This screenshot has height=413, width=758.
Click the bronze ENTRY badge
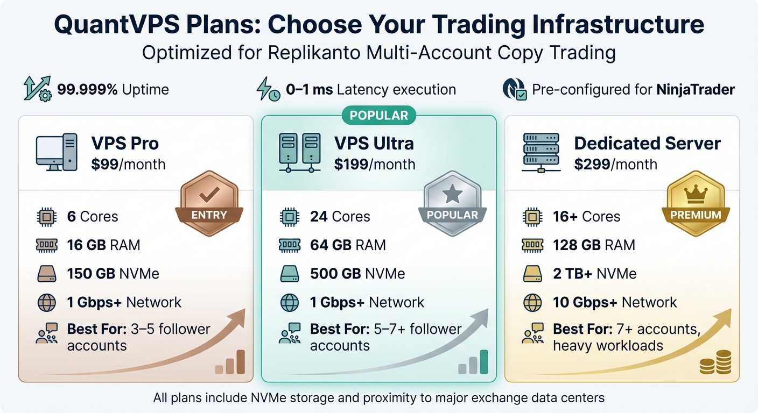pos(209,205)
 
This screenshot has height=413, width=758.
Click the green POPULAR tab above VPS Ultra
pos(378,116)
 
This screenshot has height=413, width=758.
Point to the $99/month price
pos(128,165)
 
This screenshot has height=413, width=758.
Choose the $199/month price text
pos(375,165)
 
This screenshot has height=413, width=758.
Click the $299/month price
pos(615,165)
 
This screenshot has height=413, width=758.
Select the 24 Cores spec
pos(340,217)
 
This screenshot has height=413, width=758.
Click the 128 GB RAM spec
pos(594,245)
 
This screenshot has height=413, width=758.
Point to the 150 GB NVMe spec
pos(113,274)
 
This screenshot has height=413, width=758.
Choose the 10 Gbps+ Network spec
pos(615,302)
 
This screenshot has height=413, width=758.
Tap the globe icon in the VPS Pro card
pos(47,302)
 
